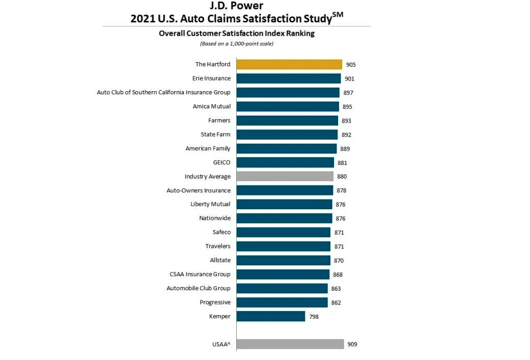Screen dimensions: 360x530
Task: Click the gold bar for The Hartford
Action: pos(289,64)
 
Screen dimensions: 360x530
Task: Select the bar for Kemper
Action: pos(271,316)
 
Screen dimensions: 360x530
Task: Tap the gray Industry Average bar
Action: pos(285,176)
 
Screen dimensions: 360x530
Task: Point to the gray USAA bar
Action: pos(290,344)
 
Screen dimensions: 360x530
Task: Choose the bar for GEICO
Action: pos(285,162)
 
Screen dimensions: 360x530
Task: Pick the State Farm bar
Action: pos(287,134)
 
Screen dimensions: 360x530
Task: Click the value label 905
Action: pos(351,65)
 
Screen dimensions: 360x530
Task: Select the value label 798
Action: pos(314,317)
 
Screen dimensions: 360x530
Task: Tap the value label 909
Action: pos(352,344)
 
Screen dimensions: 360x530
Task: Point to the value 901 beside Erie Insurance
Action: pos(349,79)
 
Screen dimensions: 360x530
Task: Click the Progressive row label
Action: pos(215,302)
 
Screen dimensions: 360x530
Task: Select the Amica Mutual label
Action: pos(211,106)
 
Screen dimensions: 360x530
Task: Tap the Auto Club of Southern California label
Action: pos(163,92)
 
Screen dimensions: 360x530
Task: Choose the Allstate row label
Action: pos(220,260)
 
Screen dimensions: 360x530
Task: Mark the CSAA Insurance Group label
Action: pos(200,274)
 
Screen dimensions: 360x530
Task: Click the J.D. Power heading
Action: pos(236,6)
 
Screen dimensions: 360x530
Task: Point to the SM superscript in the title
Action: pos(338,14)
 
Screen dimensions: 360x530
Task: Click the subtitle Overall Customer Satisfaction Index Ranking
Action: pos(236,34)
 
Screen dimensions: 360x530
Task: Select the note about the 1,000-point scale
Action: pos(236,44)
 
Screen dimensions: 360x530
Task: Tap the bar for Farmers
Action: pos(287,121)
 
